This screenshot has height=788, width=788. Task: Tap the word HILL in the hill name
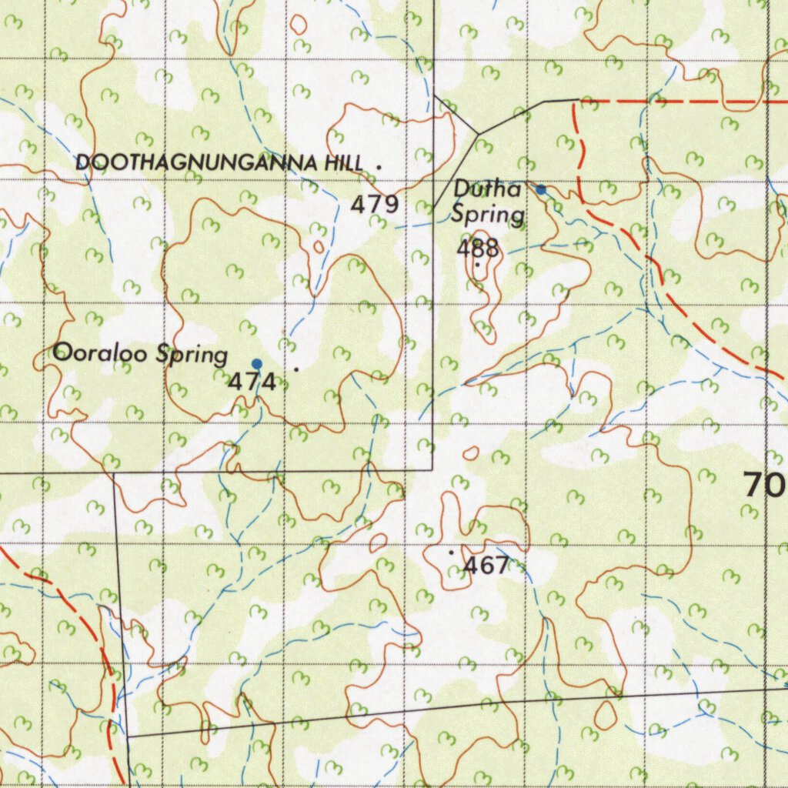point(346,163)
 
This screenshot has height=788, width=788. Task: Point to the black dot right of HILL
point(379,165)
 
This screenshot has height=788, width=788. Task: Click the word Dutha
point(488,189)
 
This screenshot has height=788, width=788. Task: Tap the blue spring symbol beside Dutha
point(541,189)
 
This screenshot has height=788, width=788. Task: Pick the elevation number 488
point(478,249)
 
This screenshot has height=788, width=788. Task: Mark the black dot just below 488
point(477,265)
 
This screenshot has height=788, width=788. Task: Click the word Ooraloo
point(102,354)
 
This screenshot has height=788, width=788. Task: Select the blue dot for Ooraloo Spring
point(257,363)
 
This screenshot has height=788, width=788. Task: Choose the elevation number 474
point(252,382)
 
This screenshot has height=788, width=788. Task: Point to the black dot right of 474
point(296,369)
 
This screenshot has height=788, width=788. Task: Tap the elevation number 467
point(486,566)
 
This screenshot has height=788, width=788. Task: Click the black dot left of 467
point(451,552)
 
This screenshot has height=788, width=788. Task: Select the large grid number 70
point(764,485)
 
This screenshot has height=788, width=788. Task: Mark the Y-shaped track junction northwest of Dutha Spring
point(478,134)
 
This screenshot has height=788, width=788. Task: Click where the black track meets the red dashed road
point(579,100)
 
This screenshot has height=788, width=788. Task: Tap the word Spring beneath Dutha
point(488,215)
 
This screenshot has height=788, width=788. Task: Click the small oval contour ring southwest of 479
point(319,248)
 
